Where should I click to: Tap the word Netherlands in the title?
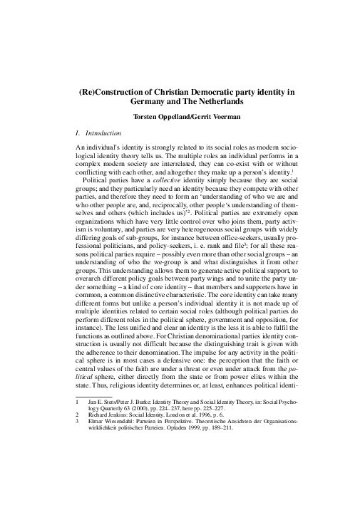[225, 103]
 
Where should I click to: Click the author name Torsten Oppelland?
[159, 118]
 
